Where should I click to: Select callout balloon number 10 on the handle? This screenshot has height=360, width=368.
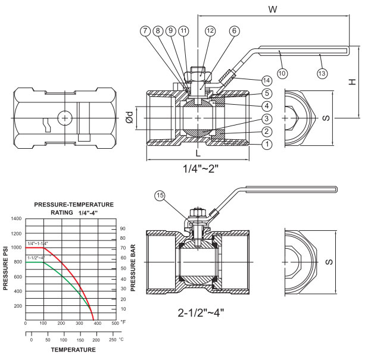click(x=282, y=73)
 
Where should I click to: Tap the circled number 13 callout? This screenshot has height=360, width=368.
click(x=322, y=73)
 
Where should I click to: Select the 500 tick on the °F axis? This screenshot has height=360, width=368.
click(x=115, y=323)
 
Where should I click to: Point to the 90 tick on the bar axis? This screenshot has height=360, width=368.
click(x=122, y=228)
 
